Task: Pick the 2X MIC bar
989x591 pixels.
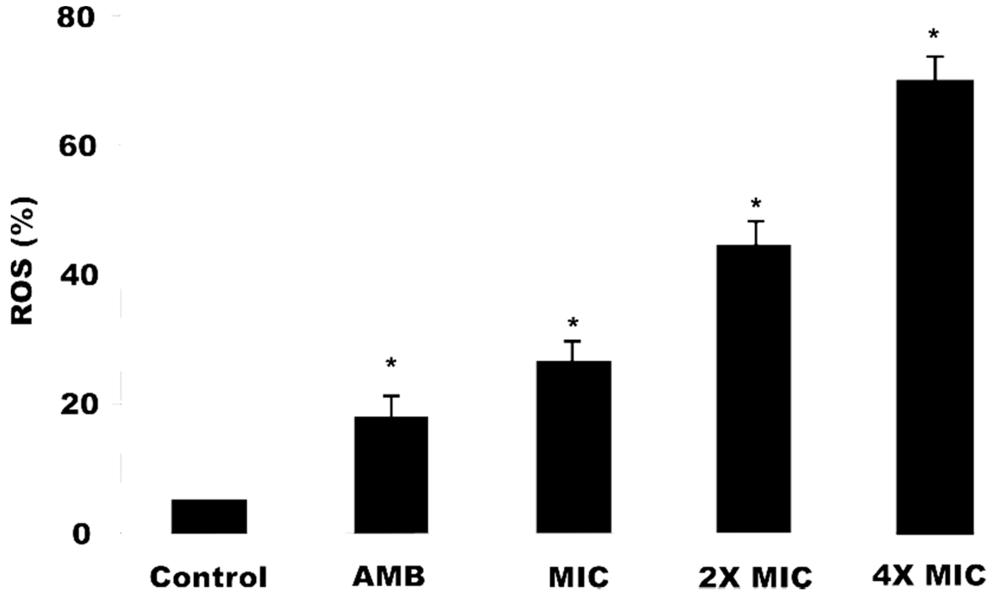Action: (754, 389)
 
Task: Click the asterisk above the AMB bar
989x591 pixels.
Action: (391, 363)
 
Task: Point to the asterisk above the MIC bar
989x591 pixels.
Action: (573, 323)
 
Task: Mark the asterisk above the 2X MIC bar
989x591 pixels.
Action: (756, 204)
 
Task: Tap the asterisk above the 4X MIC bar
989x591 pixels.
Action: (933, 35)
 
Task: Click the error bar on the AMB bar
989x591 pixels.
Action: (391, 406)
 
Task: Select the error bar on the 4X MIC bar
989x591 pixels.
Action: (936, 69)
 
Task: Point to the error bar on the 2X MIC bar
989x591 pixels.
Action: (755, 233)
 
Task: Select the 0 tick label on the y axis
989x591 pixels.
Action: (82, 535)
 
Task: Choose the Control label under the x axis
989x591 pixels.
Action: (209, 577)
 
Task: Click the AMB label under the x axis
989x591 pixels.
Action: (389, 576)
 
